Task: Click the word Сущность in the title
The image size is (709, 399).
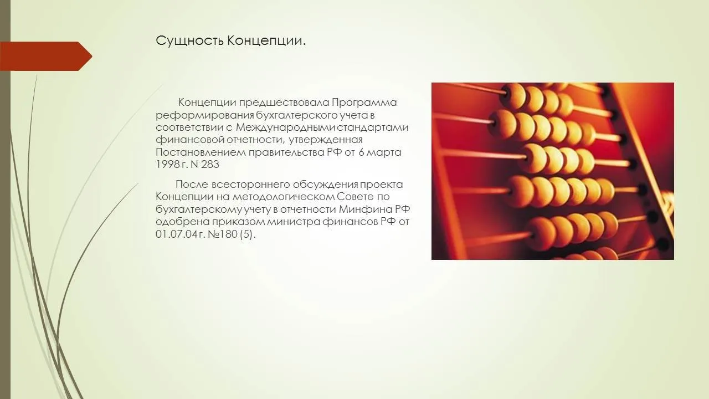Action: pyautogui.click(x=190, y=41)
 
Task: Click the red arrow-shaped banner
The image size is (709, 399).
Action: pyautogui.click(x=46, y=57)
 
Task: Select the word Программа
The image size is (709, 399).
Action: pyautogui.click(x=364, y=103)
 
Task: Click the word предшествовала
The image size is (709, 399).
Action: pyautogui.click(x=284, y=103)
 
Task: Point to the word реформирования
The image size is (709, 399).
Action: pyautogui.click(x=204, y=115)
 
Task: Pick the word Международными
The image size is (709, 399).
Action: pyautogui.click(x=286, y=127)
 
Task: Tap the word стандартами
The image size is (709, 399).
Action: pyautogui.click(x=373, y=127)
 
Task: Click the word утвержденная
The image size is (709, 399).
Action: pyautogui.click(x=325, y=140)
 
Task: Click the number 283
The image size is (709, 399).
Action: pyautogui.click(x=209, y=165)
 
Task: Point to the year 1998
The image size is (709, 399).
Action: pyautogui.click(x=168, y=165)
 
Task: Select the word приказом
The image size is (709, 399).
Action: pyautogui.click(x=239, y=222)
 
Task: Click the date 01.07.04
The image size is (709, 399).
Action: pyautogui.click(x=174, y=234)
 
